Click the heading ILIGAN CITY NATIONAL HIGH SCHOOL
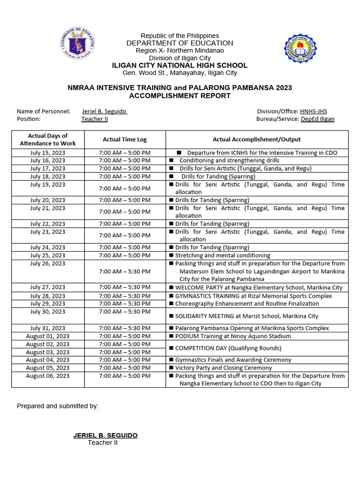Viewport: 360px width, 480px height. point(180,66)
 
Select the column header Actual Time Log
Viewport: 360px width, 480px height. point(125,139)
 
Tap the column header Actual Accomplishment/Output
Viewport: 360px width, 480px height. point(256,139)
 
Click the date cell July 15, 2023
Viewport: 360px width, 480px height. point(48,153)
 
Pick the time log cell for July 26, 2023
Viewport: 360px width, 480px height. point(125,271)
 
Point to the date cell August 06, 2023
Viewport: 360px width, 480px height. point(48,376)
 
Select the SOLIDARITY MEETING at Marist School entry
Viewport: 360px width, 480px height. point(246,316)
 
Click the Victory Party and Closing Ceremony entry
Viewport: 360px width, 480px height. point(223,368)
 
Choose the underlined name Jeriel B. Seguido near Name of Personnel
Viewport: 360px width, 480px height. point(105,111)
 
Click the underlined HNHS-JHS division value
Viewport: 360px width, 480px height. point(313,111)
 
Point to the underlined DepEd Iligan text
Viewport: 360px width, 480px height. point(317,119)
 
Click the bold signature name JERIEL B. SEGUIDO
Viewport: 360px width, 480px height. point(105,435)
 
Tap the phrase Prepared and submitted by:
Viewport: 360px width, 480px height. point(58,406)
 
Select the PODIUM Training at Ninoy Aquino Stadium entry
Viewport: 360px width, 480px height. point(232,336)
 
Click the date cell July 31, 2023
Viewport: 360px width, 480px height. point(48,328)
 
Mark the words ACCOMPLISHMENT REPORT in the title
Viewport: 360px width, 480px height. point(180,96)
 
